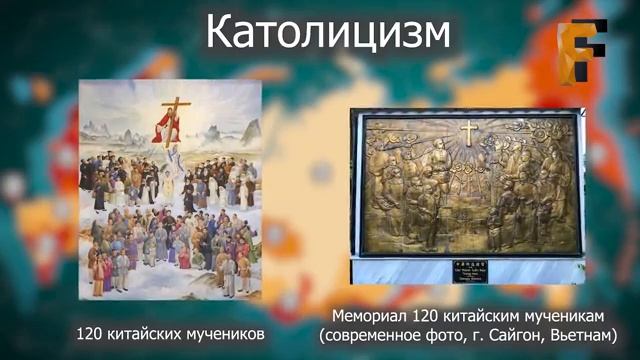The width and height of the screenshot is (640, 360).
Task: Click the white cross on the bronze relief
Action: click(467, 131)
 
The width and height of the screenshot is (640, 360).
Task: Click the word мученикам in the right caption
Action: click(565, 314)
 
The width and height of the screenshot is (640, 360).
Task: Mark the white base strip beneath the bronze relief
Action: click(466, 269)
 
